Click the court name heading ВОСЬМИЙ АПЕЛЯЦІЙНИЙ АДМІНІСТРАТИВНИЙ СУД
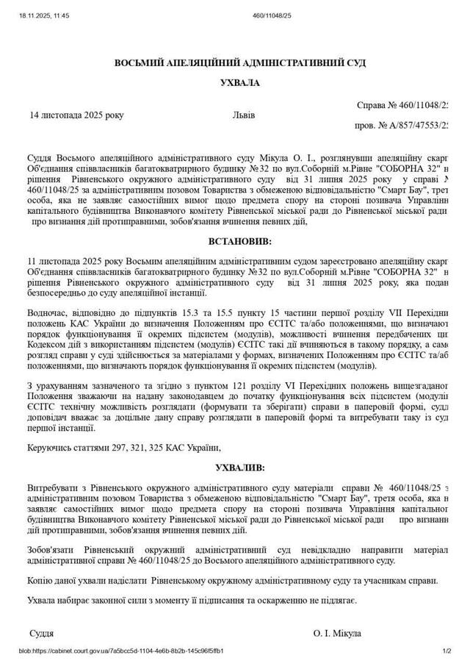pyautogui.click(x=240, y=64)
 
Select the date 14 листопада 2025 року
pyautogui.click(x=77, y=115)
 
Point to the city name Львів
pyautogui.click(x=244, y=115)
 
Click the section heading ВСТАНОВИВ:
pyautogui.click(x=240, y=241)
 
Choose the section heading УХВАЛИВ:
pyautogui.click(x=240, y=468)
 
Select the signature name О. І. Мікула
pyautogui.click(x=337, y=633)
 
